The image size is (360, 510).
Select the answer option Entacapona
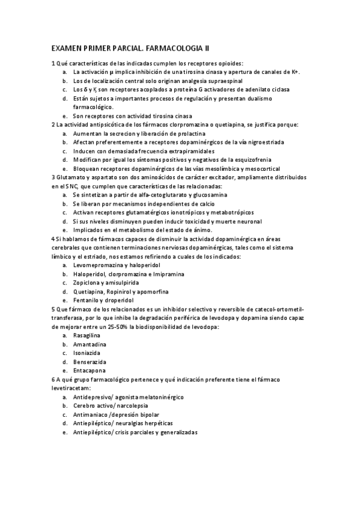click(91, 371)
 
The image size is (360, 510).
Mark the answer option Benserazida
click(91, 362)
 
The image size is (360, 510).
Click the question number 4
click(53, 238)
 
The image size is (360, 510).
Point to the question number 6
click(53, 379)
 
